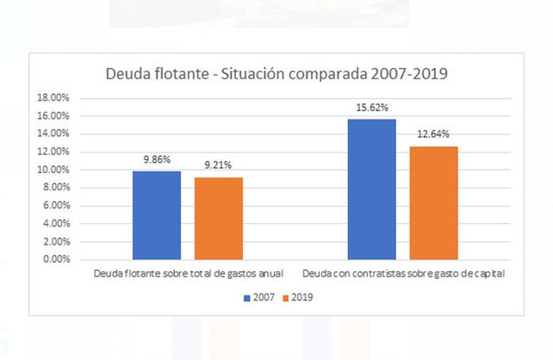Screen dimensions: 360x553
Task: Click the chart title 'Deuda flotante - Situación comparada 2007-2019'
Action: [x=276, y=74]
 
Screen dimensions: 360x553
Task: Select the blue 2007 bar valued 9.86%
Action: [x=157, y=214]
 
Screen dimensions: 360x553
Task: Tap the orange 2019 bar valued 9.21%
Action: [x=219, y=218]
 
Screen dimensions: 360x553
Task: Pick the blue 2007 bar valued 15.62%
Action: [x=371, y=189]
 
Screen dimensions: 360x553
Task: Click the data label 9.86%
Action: [x=157, y=161]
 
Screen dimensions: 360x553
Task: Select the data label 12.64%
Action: [x=433, y=136]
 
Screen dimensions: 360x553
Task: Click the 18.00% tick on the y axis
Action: [x=53, y=97]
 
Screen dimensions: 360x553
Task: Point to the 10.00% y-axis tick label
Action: [x=53, y=170]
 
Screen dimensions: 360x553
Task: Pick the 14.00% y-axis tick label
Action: [x=53, y=133]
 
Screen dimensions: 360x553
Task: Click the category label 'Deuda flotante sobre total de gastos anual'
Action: [x=189, y=273]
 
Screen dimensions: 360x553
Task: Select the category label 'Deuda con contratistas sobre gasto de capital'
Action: [x=402, y=273]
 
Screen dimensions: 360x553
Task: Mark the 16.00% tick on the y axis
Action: [x=53, y=115]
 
